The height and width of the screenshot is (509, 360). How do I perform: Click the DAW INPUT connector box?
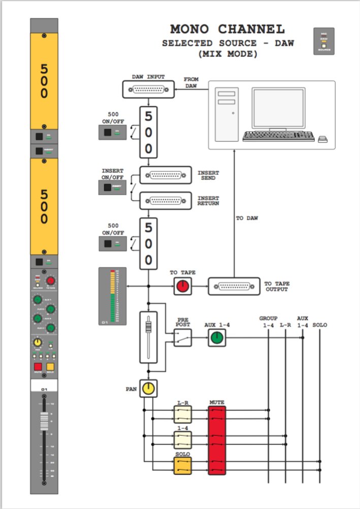tap(148, 90)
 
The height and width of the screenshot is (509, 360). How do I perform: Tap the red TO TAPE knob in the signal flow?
tap(182, 287)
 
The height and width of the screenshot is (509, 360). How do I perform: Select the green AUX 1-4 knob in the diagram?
tap(217, 338)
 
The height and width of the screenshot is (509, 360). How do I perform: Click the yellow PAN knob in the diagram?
tap(148, 389)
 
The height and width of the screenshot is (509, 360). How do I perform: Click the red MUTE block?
tap(217, 440)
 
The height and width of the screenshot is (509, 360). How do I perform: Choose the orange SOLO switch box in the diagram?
tap(182, 466)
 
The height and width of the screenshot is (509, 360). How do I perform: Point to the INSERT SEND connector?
tap(165, 175)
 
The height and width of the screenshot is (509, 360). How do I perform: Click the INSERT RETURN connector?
tap(165, 201)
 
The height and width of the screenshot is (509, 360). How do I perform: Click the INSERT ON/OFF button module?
tap(112, 187)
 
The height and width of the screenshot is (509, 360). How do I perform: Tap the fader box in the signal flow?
tap(148, 337)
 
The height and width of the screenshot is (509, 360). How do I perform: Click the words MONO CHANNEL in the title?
tap(227, 29)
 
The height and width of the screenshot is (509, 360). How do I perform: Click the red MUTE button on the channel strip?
tap(37, 368)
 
